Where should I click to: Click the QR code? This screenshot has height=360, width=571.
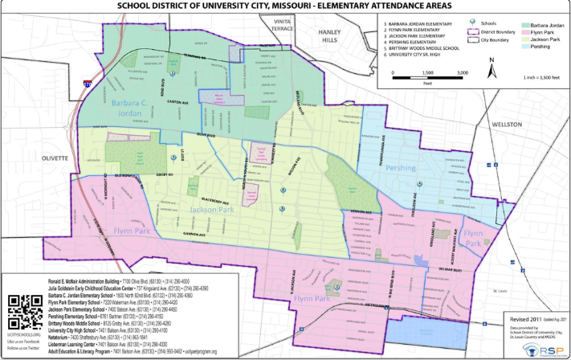pyautogui.click(x=24, y=312)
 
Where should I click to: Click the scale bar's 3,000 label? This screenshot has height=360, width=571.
pyautogui.click(x=463, y=73)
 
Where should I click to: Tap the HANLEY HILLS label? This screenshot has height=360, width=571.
pyautogui.click(x=331, y=35)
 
